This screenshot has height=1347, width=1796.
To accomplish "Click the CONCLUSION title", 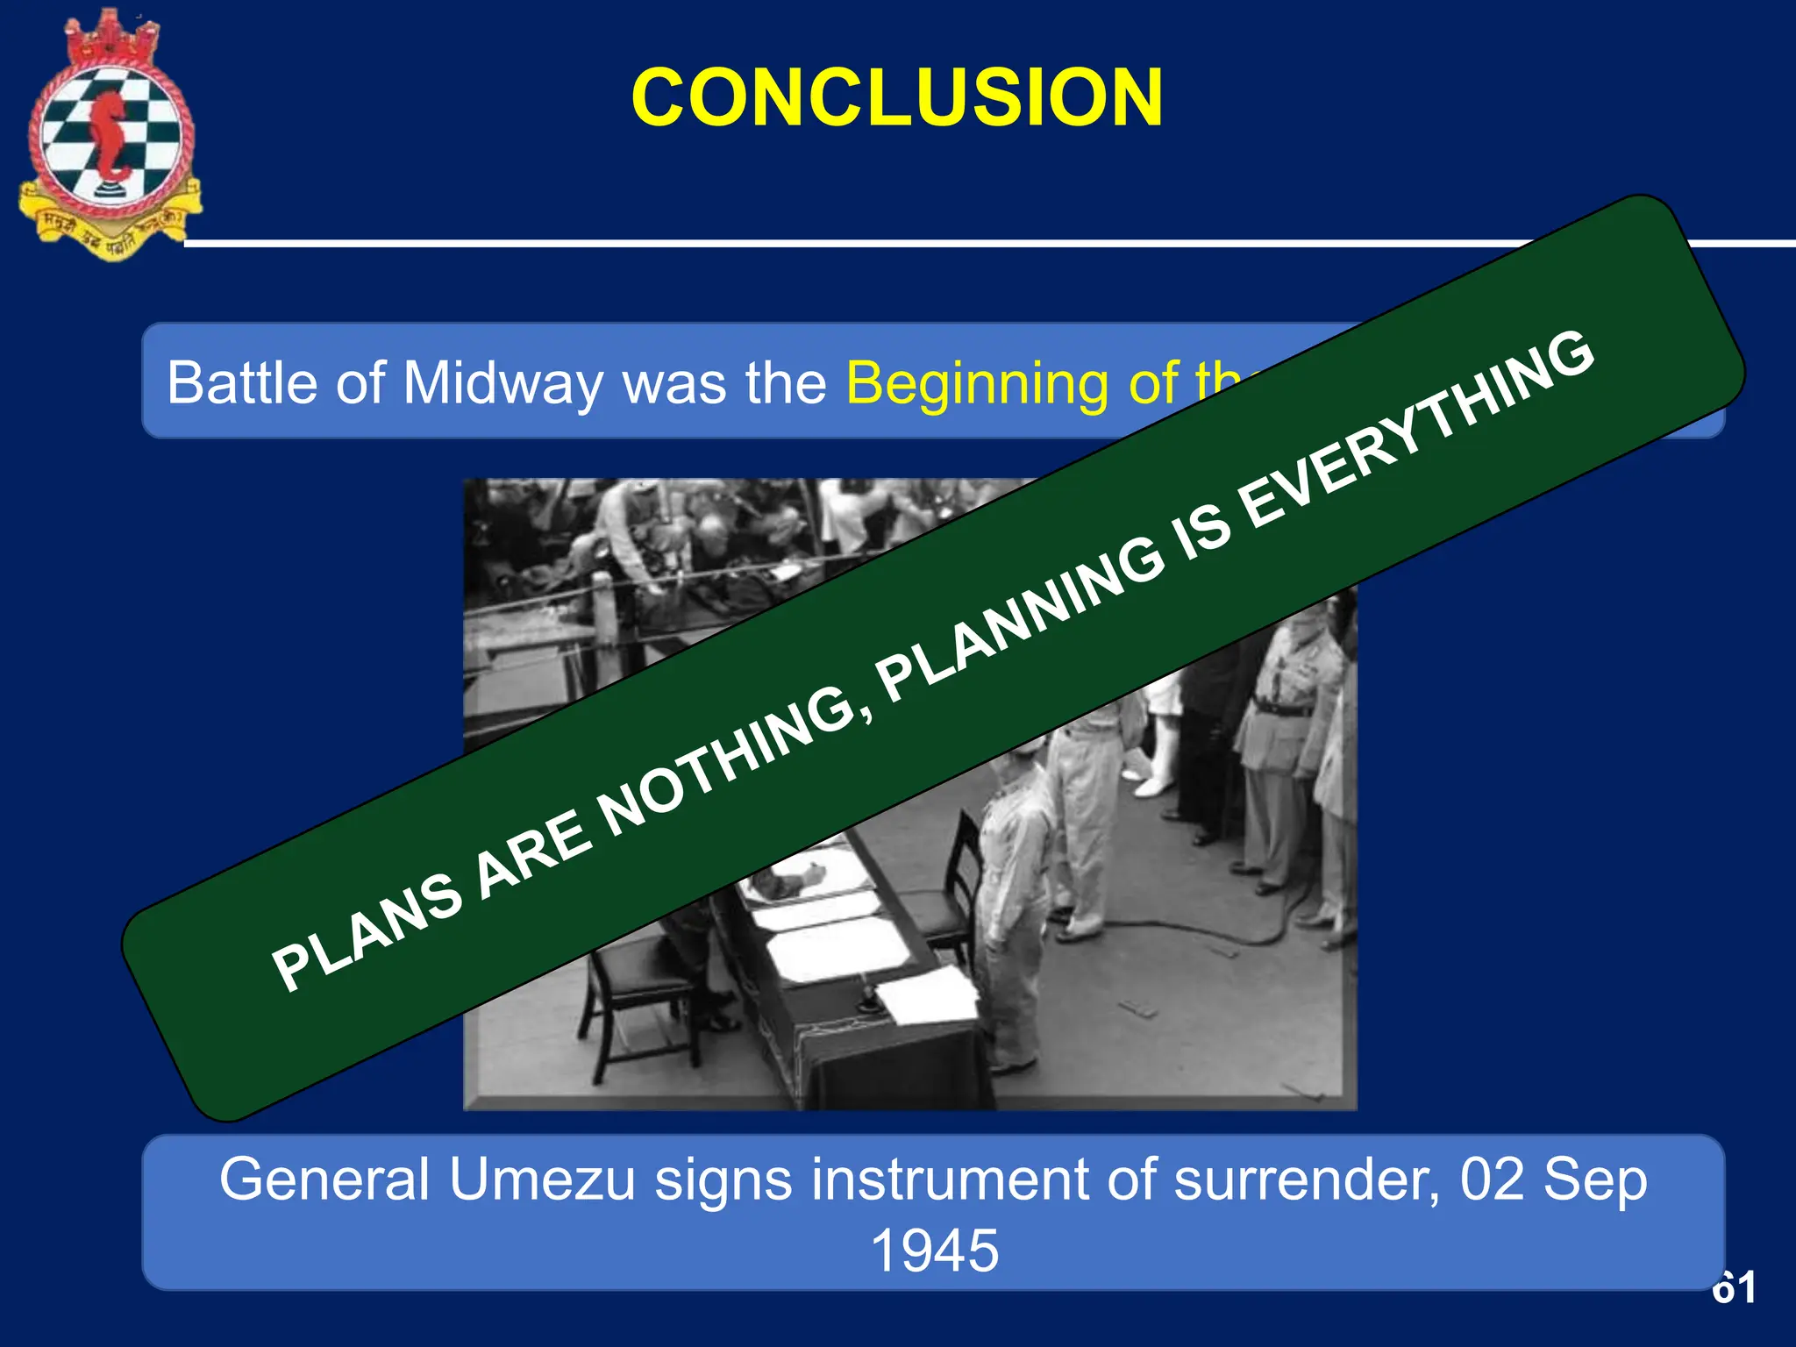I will click(x=896, y=97).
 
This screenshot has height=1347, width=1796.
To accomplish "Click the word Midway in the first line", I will click(x=502, y=383).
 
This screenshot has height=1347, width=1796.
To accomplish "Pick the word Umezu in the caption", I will click(x=542, y=1180).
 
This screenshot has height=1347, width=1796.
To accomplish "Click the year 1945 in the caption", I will click(x=934, y=1251).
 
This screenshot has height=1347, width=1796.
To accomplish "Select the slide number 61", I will click(x=1734, y=1287).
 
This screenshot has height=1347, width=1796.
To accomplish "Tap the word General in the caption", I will click(x=324, y=1180).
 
